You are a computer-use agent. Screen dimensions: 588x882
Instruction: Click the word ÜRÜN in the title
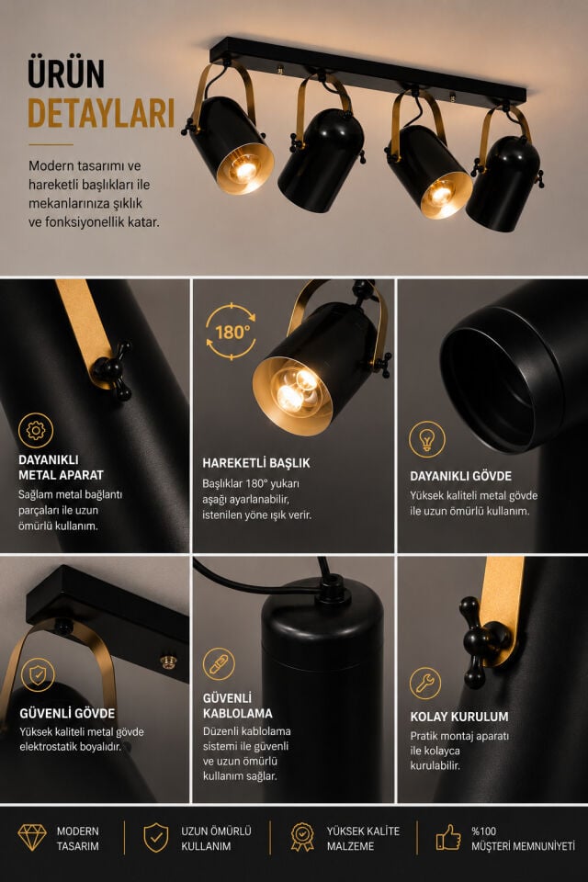click(66, 73)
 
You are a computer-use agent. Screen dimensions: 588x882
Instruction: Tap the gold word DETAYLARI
click(101, 113)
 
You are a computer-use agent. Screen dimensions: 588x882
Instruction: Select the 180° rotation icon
click(231, 332)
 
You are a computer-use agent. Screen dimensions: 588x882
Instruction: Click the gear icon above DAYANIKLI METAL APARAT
click(36, 431)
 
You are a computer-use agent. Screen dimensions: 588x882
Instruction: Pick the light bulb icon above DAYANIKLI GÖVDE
click(427, 439)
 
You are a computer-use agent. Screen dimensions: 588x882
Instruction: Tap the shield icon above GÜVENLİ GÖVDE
click(38, 675)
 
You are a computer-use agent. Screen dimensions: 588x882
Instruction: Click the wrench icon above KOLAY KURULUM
click(425, 684)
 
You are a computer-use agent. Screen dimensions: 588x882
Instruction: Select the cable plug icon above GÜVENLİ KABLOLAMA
click(219, 664)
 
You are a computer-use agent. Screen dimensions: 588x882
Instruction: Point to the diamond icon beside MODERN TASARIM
click(32, 838)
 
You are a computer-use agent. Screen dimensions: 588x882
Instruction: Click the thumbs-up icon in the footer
click(448, 838)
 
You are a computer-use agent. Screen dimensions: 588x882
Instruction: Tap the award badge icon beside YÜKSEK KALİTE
click(302, 837)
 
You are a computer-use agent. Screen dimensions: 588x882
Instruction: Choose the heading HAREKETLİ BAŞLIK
click(256, 463)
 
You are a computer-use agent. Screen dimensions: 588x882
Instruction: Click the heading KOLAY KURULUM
click(459, 717)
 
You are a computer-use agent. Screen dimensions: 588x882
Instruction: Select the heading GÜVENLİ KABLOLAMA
click(237, 706)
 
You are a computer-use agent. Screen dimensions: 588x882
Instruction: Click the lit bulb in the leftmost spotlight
click(244, 169)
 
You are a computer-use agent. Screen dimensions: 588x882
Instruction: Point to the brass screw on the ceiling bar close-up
click(168, 661)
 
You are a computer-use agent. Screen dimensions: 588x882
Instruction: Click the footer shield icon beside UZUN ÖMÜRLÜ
click(156, 838)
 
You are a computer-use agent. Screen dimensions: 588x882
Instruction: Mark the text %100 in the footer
click(484, 831)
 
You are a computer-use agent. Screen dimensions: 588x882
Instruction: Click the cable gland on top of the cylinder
click(331, 589)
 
